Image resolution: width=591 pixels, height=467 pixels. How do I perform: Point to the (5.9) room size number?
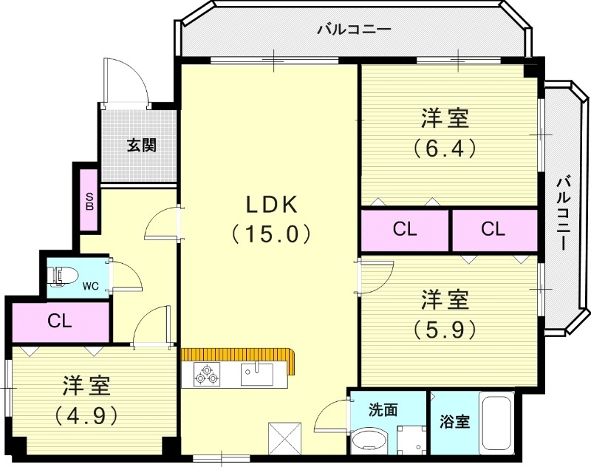pos(445,330)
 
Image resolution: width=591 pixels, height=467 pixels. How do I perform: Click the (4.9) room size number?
pos(86,415)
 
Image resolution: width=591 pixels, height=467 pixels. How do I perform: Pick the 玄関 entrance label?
pos(140,145)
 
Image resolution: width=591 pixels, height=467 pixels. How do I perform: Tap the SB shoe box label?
pos(89,201)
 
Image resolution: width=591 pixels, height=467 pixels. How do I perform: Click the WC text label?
pos(90,285)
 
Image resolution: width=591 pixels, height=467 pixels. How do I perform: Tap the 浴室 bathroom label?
pos(454,422)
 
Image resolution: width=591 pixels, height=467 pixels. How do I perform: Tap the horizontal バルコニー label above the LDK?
pos(354,30)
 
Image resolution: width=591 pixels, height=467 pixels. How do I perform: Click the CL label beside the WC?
pos(60,321)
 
